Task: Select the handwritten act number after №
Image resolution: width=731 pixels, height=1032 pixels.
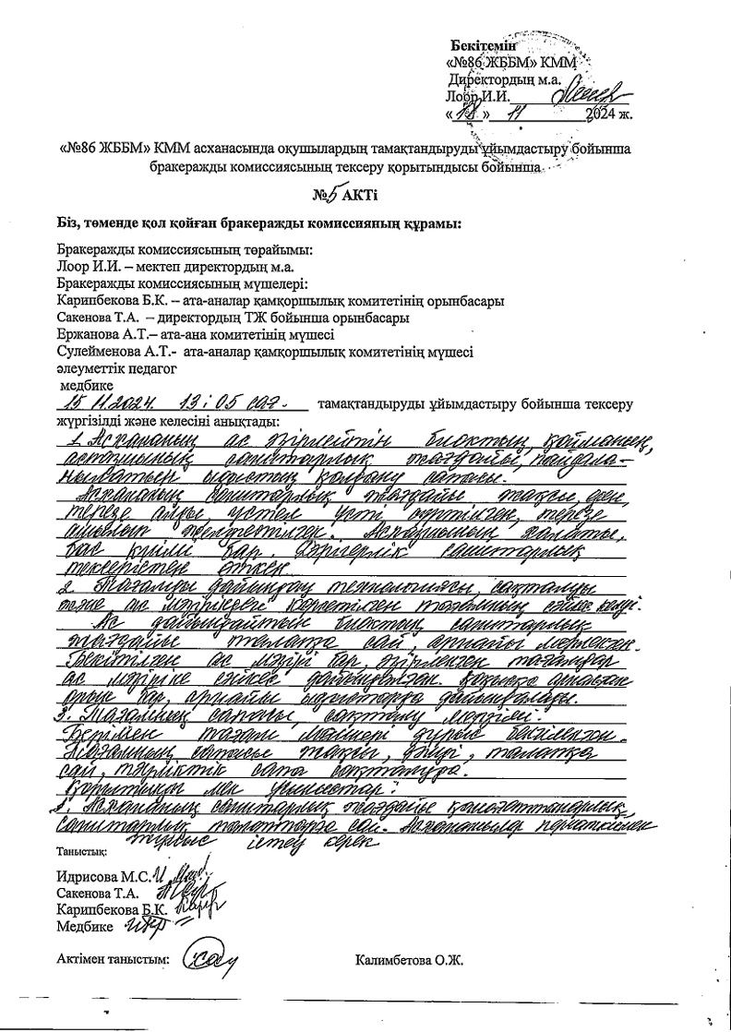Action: (x=335, y=194)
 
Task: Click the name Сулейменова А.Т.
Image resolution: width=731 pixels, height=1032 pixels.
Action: (x=116, y=351)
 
